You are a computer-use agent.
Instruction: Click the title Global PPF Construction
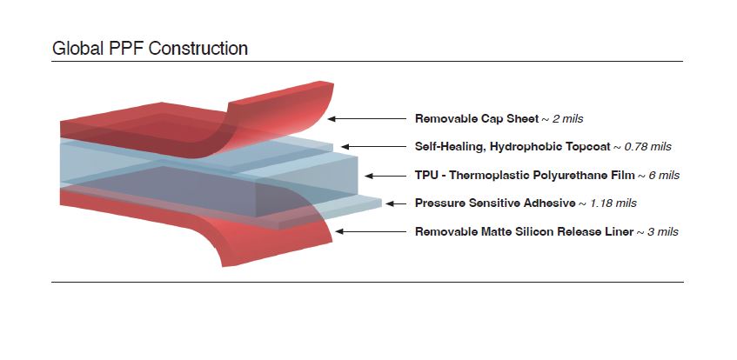pyautogui.click(x=150, y=49)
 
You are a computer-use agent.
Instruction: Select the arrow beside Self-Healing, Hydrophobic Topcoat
pyautogui.click(x=373, y=146)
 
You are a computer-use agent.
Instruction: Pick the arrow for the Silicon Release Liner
pyautogui.click(x=373, y=231)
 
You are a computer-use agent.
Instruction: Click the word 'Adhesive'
pyautogui.click(x=546, y=203)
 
